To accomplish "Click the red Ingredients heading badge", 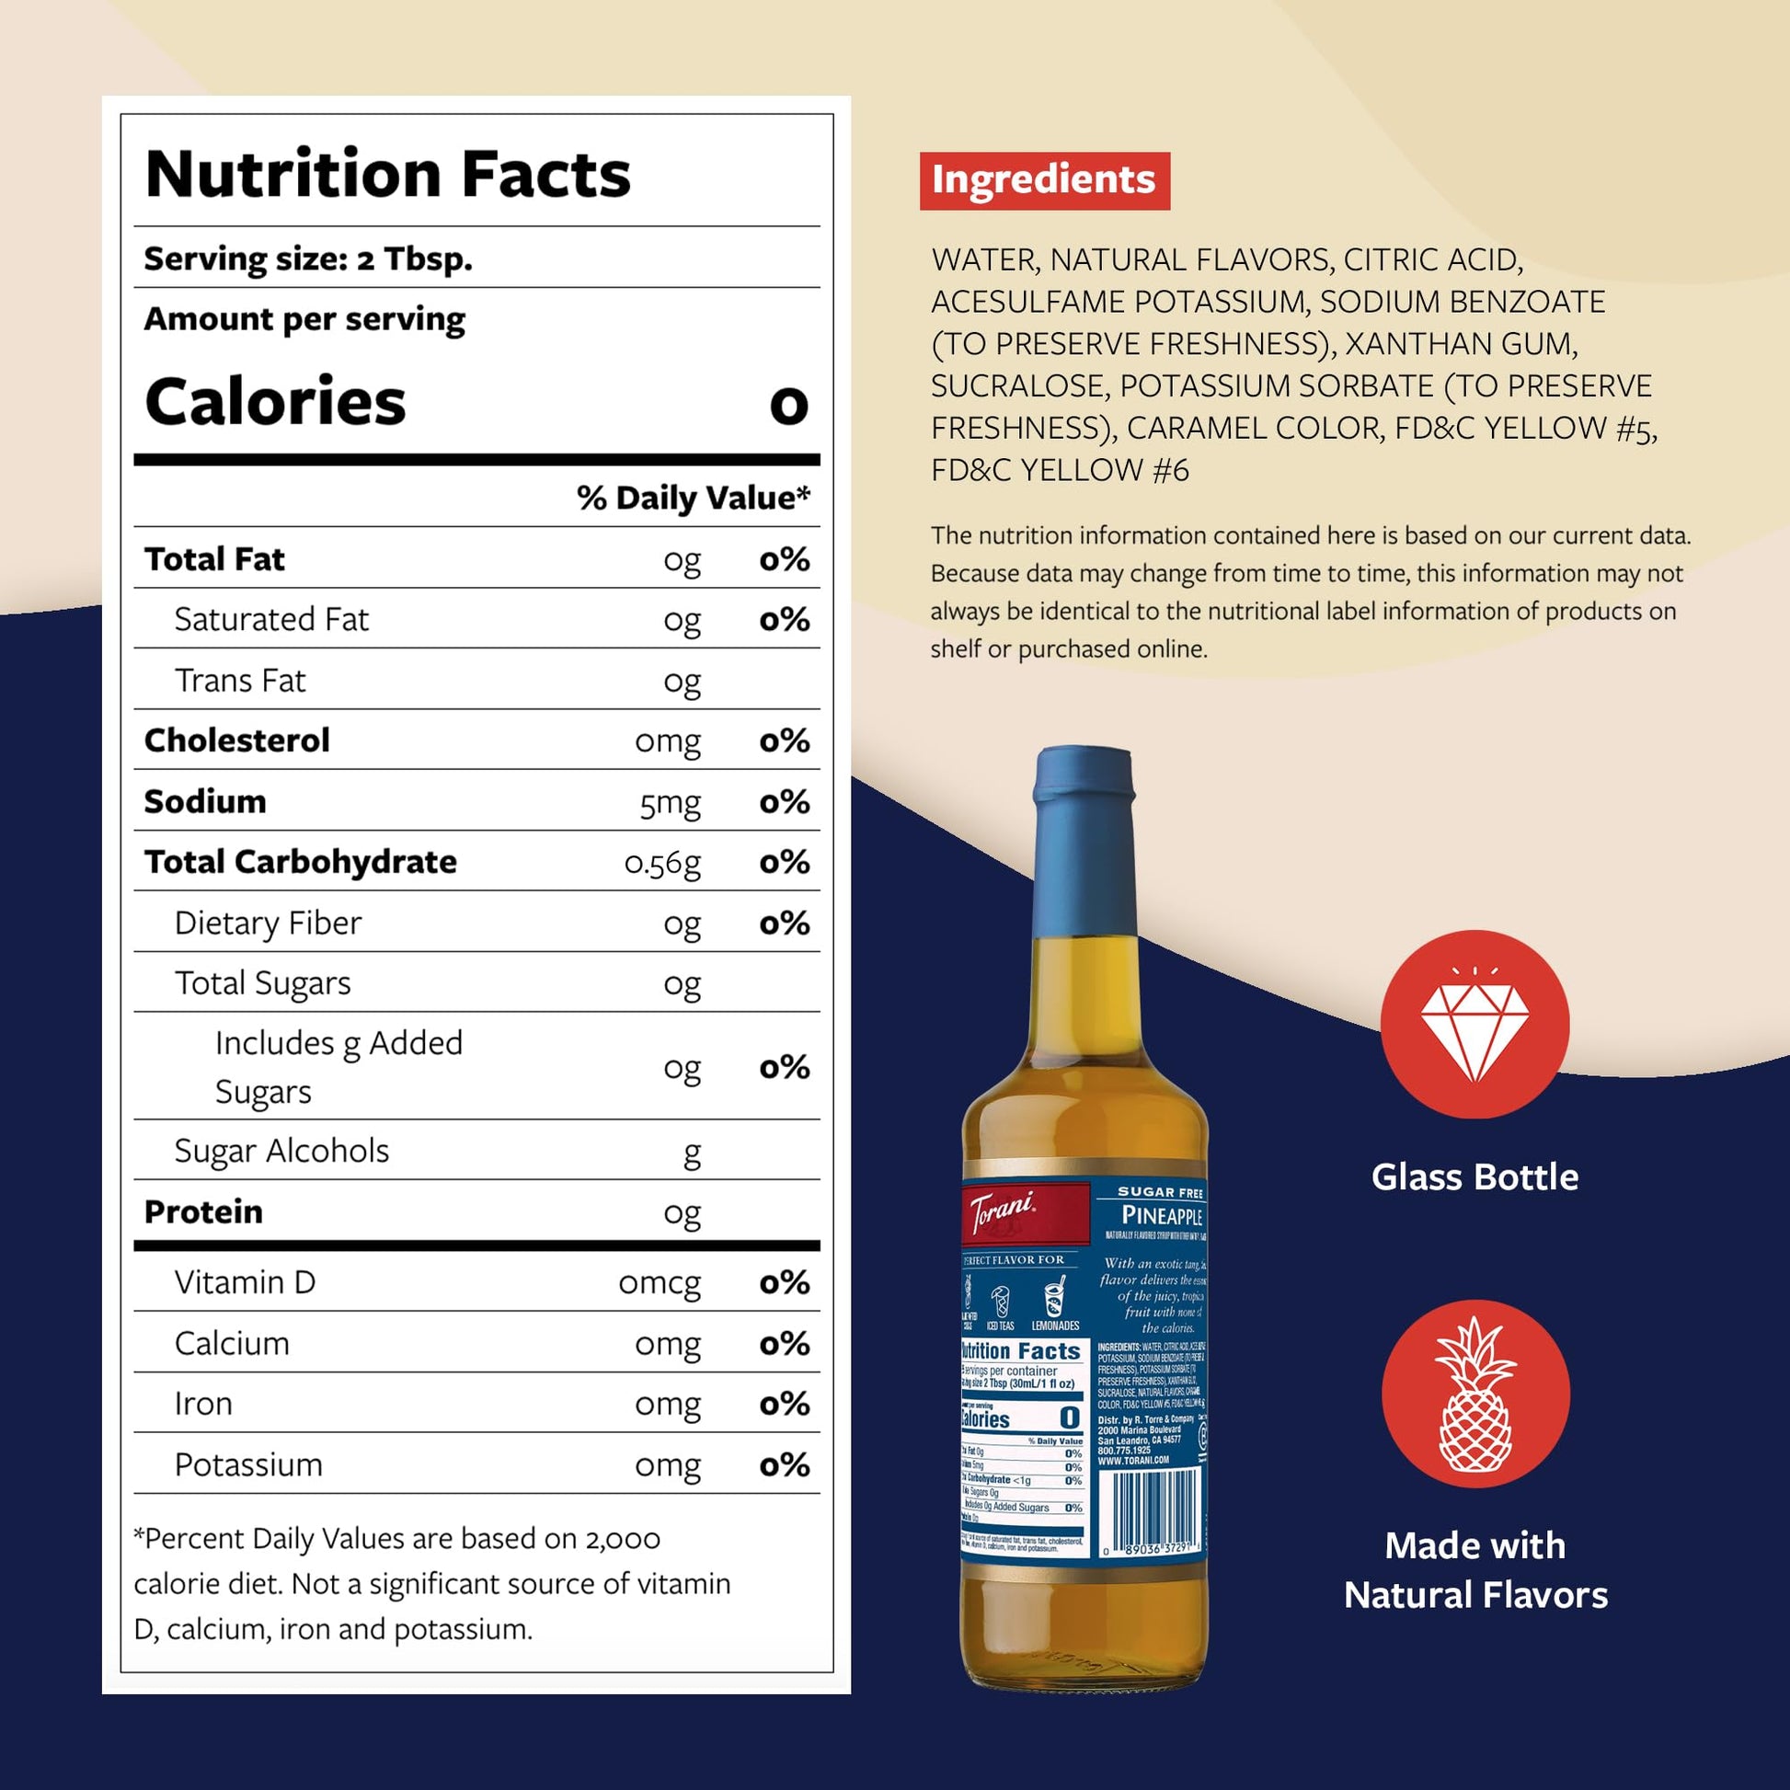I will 1044,180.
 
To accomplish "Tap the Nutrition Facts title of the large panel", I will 387,174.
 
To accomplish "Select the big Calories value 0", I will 788,404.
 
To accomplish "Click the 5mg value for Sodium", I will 669,802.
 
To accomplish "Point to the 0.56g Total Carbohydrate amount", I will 661,863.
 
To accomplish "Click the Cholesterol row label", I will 236,740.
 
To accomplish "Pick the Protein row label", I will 203,1211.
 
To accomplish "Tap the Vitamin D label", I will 245,1282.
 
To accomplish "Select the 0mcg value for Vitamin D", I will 659,1283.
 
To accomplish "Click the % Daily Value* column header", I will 693,498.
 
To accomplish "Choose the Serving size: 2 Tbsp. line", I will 307,258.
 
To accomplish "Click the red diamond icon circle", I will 1474,1024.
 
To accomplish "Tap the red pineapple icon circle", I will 1475,1394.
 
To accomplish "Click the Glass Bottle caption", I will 1474,1176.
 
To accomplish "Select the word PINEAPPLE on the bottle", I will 1161,1216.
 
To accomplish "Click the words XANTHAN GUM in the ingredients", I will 1460,344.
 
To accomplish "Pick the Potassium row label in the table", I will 248,1464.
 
